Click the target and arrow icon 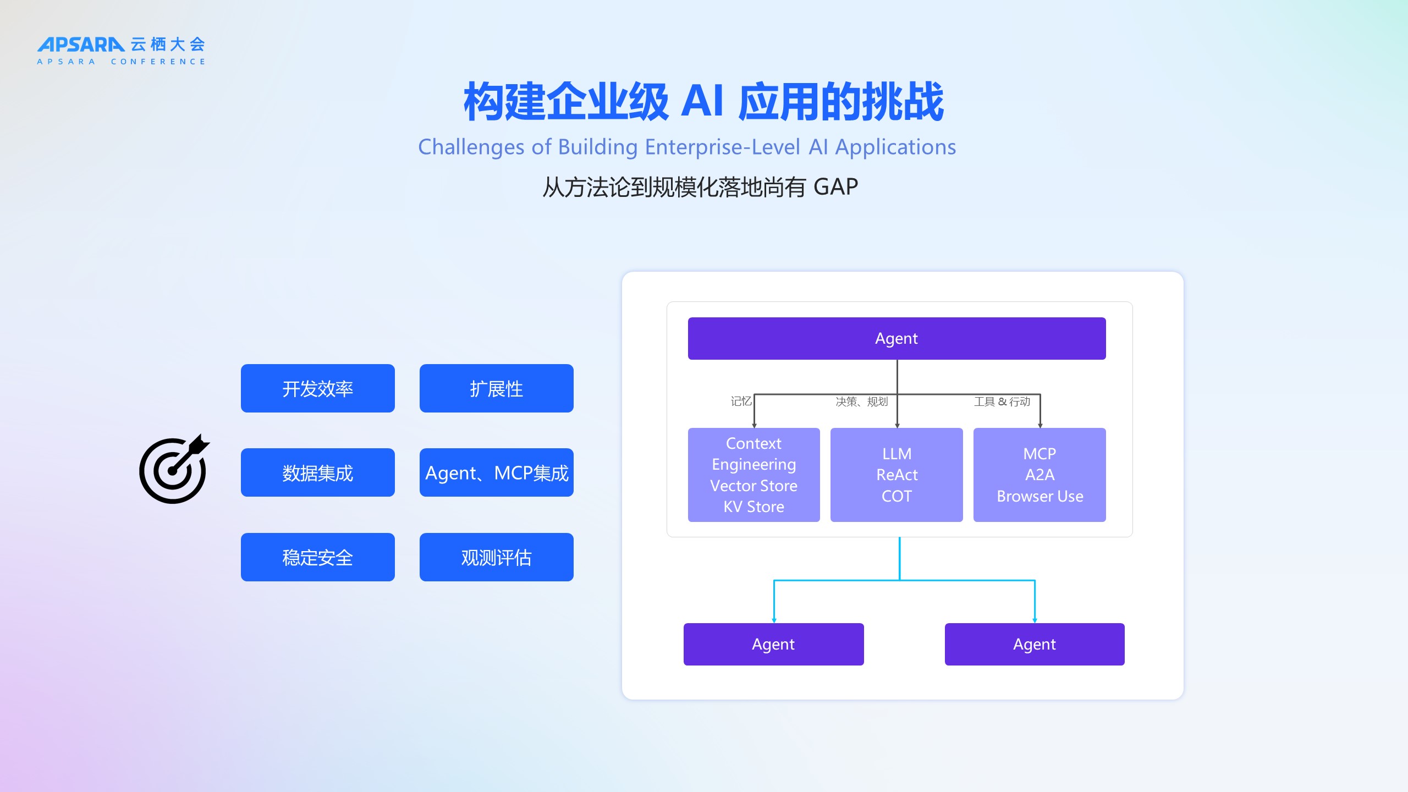(174, 469)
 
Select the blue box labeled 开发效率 (318, 388)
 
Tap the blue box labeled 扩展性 (497, 388)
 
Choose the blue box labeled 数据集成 (318, 472)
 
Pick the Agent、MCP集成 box (497, 472)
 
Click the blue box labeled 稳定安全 (318, 557)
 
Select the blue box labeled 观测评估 (497, 557)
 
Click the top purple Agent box (897, 338)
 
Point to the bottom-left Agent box (774, 644)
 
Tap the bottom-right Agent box (1035, 644)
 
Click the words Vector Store (754, 486)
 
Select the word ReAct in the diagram (897, 475)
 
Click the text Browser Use (1040, 496)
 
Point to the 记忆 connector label (741, 402)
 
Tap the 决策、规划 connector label (862, 402)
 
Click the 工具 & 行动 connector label (1002, 402)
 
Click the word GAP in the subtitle (835, 187)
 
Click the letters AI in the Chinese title (702, 102)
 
